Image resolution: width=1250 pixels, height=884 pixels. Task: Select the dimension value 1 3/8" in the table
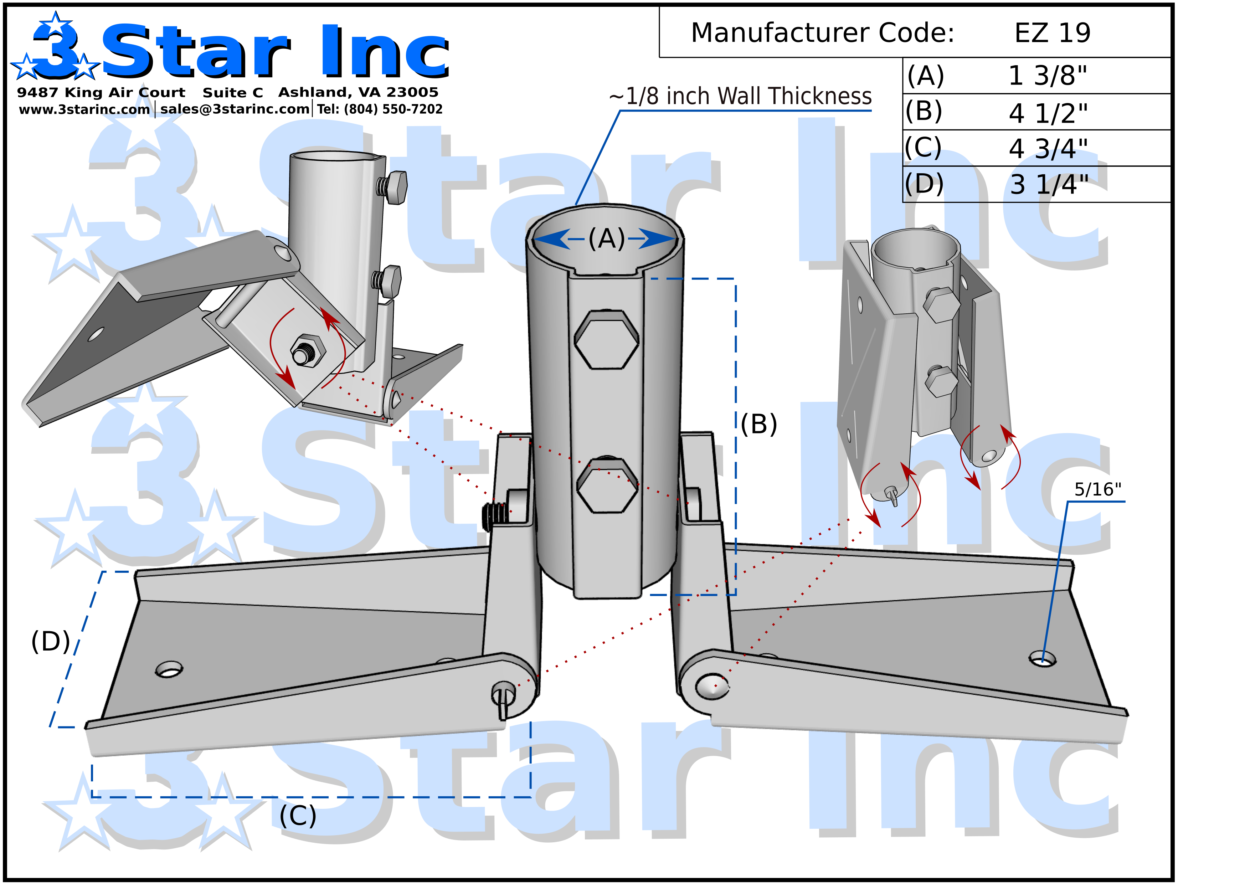point(1047,76)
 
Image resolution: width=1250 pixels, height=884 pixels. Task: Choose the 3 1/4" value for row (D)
point(1049,185)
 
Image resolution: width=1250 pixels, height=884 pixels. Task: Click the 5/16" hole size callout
point(1097,489)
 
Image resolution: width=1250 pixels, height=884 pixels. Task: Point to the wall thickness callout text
point(740,96)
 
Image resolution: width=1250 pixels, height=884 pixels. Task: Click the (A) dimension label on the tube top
point(607,239)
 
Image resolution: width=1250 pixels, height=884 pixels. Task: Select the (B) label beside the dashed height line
point(759,424)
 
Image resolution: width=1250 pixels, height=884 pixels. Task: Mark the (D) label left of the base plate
point(51,641)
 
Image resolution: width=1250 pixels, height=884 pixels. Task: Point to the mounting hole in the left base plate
point(169,669)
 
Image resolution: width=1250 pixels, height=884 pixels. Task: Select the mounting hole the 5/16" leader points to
point(1042,659)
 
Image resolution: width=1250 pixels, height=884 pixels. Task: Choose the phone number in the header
point(380,109)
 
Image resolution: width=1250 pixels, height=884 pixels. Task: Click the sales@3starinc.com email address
point(235,109)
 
